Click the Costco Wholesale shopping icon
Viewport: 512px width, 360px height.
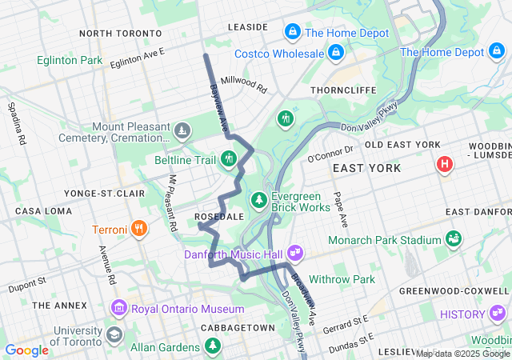335,54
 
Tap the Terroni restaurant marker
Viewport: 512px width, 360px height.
140,230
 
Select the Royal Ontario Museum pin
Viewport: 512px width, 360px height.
119,309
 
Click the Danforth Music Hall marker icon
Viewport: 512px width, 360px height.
295,253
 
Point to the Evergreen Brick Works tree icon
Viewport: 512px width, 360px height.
258,199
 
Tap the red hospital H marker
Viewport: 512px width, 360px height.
444,165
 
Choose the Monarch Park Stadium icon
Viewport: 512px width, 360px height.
454,239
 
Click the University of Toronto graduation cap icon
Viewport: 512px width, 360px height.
114,334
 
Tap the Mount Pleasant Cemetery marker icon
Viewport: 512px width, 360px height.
183,130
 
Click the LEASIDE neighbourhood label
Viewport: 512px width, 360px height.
247,26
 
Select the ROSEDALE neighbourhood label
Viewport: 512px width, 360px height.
218,217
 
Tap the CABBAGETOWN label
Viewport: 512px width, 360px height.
238,328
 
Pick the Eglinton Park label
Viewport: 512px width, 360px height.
69,60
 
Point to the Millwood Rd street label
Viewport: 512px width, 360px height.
244,85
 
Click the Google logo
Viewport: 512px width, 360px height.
26,350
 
